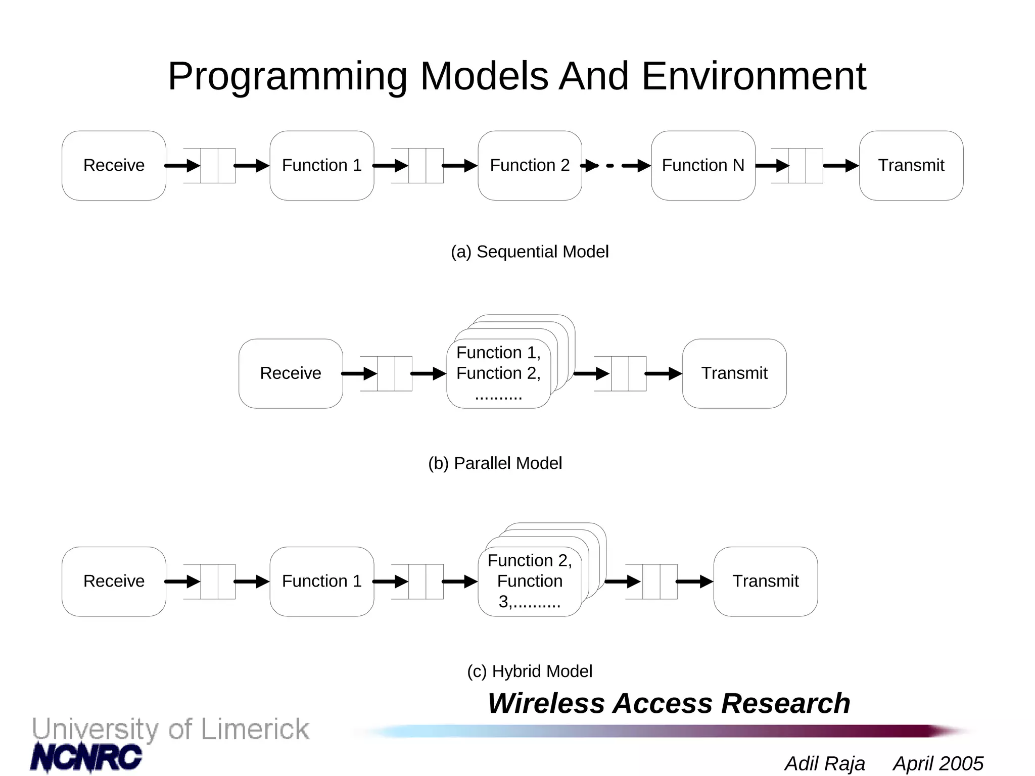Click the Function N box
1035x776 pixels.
point(703,166)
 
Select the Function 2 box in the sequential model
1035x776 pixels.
point(530,166)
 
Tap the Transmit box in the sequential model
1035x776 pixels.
point(911,166)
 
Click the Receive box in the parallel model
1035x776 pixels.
point(291,373)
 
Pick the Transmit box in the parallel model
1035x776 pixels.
point(734,373)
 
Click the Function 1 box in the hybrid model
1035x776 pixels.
point(322,581)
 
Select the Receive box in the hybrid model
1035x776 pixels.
point(114,581)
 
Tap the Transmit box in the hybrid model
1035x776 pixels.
point(765,581)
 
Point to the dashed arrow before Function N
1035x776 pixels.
point(616,166)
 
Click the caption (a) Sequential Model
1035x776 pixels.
point(530,252)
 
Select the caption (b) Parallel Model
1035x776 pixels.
point(495,463)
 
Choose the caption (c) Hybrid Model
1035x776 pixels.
point(530,671)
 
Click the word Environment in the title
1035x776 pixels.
point(754,77)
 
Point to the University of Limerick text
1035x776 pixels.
point(170,730)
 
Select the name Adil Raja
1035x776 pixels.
point(824,763)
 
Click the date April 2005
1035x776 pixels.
point(938,763)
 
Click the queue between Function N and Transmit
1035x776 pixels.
point(797,166)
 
